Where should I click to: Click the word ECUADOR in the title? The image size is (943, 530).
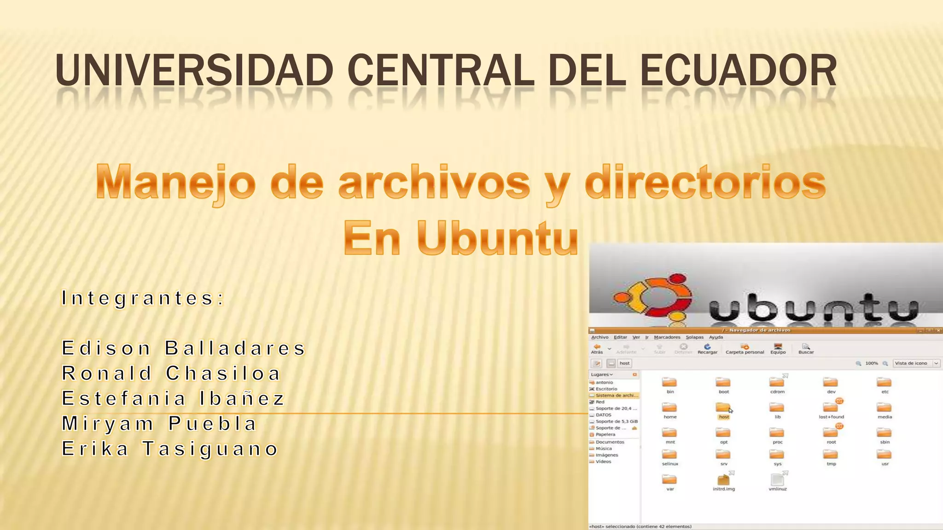tap(738, 70)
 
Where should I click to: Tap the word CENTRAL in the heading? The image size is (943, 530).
tap(441, 70)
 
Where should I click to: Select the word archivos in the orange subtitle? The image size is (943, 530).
tap(434, 183)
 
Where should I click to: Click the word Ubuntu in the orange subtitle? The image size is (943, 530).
tap(497, 238)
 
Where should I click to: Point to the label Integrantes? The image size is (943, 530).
tap(143, 298)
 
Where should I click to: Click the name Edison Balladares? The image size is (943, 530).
tap(183, 348)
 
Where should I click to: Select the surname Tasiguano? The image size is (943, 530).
tap(210, 449)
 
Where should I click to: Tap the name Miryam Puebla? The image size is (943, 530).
tap(159, 424)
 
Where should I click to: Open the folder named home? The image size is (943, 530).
tap(669, 408)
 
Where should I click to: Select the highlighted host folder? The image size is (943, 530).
tap(723, 408)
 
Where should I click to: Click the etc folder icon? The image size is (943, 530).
tap(884, 383)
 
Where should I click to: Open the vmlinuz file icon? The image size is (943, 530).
tap(777, 480)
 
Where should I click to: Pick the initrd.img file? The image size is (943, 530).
tap(723, 480)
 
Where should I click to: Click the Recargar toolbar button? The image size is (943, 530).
tap(707, 349)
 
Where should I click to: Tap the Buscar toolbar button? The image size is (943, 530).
tap(806, 349)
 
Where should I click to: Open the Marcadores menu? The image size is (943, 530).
tap(667, 337)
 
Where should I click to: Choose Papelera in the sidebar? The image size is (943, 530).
tap(605, 434)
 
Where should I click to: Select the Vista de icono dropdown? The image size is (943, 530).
tap(916, 363)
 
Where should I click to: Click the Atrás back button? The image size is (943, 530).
tap(597, 349)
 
